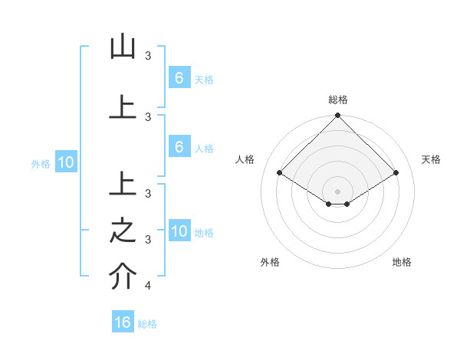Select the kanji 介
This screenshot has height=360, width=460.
[123, 277]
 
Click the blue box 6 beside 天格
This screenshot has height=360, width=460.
[179, 77]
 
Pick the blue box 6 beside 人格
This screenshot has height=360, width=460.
[179, 147]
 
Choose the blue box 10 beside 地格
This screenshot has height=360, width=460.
[179, 231]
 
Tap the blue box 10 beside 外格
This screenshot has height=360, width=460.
[65, 162]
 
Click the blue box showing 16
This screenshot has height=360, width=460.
[123, 322]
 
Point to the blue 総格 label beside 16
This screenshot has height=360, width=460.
[147, 324]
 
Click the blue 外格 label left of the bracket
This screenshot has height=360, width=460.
[41, 163]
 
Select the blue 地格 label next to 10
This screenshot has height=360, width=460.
[204, 233]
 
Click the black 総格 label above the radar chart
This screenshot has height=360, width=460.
[338, 100]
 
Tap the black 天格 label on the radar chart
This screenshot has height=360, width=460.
[431, 159]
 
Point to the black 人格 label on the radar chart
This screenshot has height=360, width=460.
[245, 159]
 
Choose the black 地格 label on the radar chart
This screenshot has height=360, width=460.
[402, 262]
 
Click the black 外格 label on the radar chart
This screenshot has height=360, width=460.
[270, 262]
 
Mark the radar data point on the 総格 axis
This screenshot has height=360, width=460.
[338, 116]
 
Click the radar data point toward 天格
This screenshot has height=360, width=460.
[396, 173]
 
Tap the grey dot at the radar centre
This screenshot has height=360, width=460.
[338, 191]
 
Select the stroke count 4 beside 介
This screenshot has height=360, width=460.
[148, 286]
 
